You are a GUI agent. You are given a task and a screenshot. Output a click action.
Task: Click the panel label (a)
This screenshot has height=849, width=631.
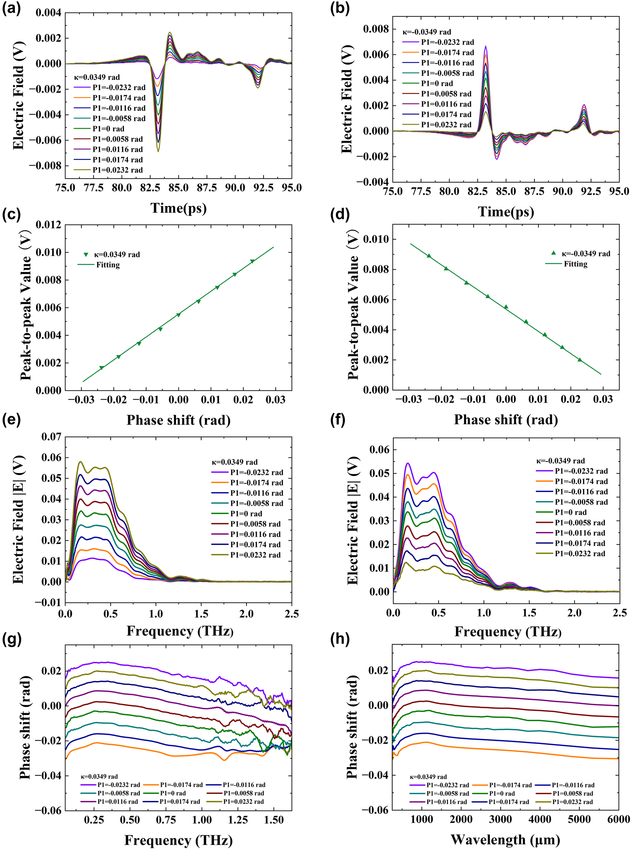coord(11,8)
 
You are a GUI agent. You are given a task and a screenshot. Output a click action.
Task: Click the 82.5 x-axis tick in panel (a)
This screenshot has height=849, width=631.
coord(150,188)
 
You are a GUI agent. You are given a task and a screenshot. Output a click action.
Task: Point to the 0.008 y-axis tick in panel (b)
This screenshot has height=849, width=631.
coord(375,29)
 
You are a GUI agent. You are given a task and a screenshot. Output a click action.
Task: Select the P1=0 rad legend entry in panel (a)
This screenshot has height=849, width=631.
coord(108,129)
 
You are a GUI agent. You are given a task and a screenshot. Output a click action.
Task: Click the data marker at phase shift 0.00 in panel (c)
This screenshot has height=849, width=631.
coord(178,315)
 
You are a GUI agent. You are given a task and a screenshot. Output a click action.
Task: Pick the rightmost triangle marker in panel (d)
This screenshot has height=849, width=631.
coord(580,360)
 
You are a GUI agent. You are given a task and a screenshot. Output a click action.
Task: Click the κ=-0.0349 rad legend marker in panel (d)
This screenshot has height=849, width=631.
coord(553,253)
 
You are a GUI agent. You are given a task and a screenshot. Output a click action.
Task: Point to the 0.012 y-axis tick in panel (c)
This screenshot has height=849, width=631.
coord(48,225)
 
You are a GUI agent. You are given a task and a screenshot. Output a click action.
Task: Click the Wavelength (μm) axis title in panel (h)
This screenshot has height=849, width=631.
coord(505,839)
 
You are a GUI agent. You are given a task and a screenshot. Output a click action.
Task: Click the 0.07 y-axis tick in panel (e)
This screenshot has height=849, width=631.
coord(51,436)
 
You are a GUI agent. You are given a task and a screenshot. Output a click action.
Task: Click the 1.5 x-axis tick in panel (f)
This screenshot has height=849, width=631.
coord(529,613)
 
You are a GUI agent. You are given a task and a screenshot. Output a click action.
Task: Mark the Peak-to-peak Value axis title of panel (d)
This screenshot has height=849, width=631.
coord(353,306)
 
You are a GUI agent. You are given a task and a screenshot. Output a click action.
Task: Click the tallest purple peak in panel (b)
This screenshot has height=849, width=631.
coord(485,46)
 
